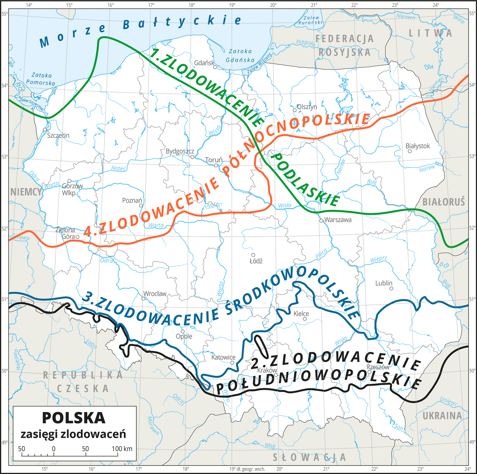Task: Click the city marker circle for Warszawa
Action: (321, 221)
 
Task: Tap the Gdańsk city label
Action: (204, 63)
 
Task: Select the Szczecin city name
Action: (58, 135)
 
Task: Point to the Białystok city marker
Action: (410, 151)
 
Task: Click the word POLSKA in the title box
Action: (74, 418)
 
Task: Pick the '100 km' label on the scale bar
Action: (122, 449)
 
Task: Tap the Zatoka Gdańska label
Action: (240, 55)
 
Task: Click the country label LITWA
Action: (431, 33)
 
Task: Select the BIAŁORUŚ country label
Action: (443, 202)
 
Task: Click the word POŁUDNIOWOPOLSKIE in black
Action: (318, 382)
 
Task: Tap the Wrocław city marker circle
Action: (144, 299)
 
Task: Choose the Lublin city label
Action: (383, 283)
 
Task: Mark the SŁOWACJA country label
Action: (309, 457)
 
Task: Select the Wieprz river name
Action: (378, 259)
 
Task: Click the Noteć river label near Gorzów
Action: (119, 168)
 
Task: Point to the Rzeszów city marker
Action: (369, 372)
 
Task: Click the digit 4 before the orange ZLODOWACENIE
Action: (88, 231)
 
